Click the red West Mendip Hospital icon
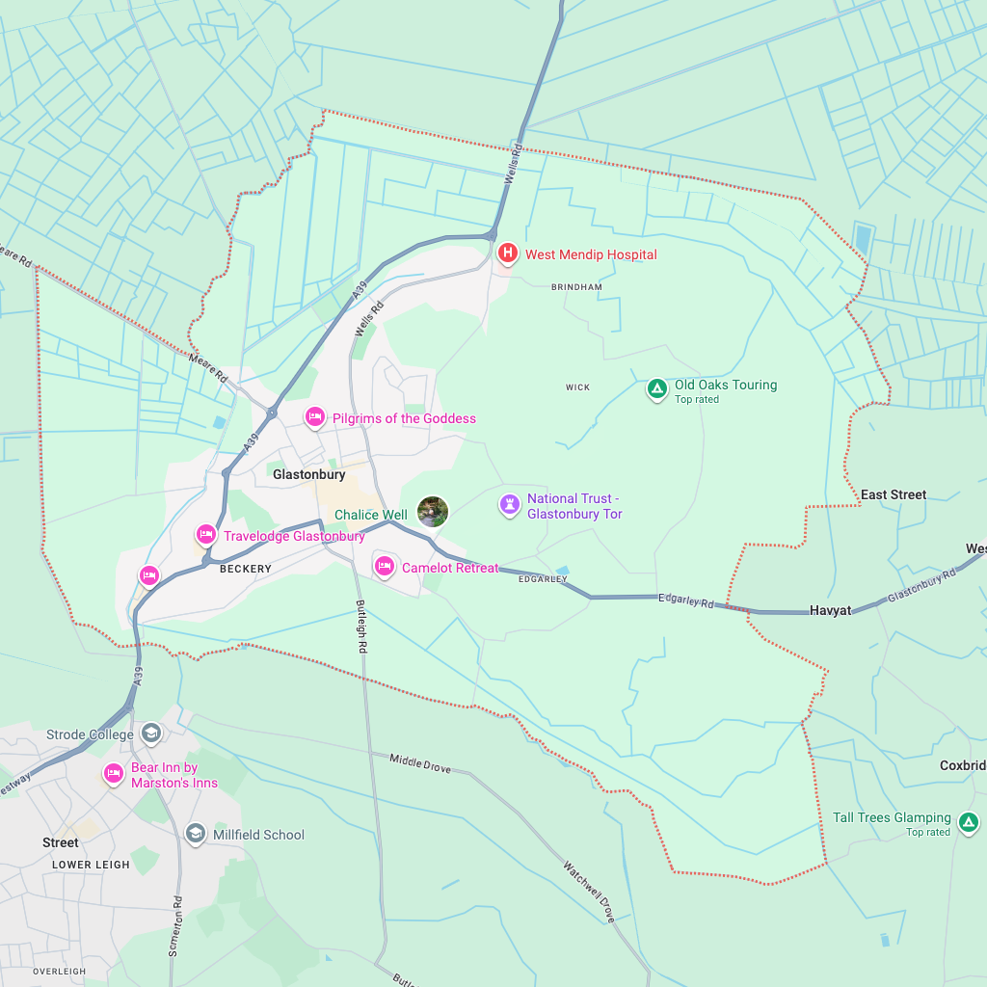coord(508,253)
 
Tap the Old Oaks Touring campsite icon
coord(656,389)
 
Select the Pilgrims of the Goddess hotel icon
coord(314,417)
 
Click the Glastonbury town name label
coord(308,474)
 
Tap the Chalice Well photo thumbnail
coord(433,512)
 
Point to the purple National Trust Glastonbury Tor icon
coord(509,504)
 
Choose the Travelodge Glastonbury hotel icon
coord(205,535)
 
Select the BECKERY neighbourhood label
coord(246,569)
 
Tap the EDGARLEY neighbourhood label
coord(543,579)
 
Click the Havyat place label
coord(830,610)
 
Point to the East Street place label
coord(893,494)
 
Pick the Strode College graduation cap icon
coord(150,734)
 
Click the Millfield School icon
coord(196,834)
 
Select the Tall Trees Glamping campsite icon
coord(969,822)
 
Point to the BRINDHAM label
coord(576,287)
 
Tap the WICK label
coord(577,387)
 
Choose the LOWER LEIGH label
coord(91,865)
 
